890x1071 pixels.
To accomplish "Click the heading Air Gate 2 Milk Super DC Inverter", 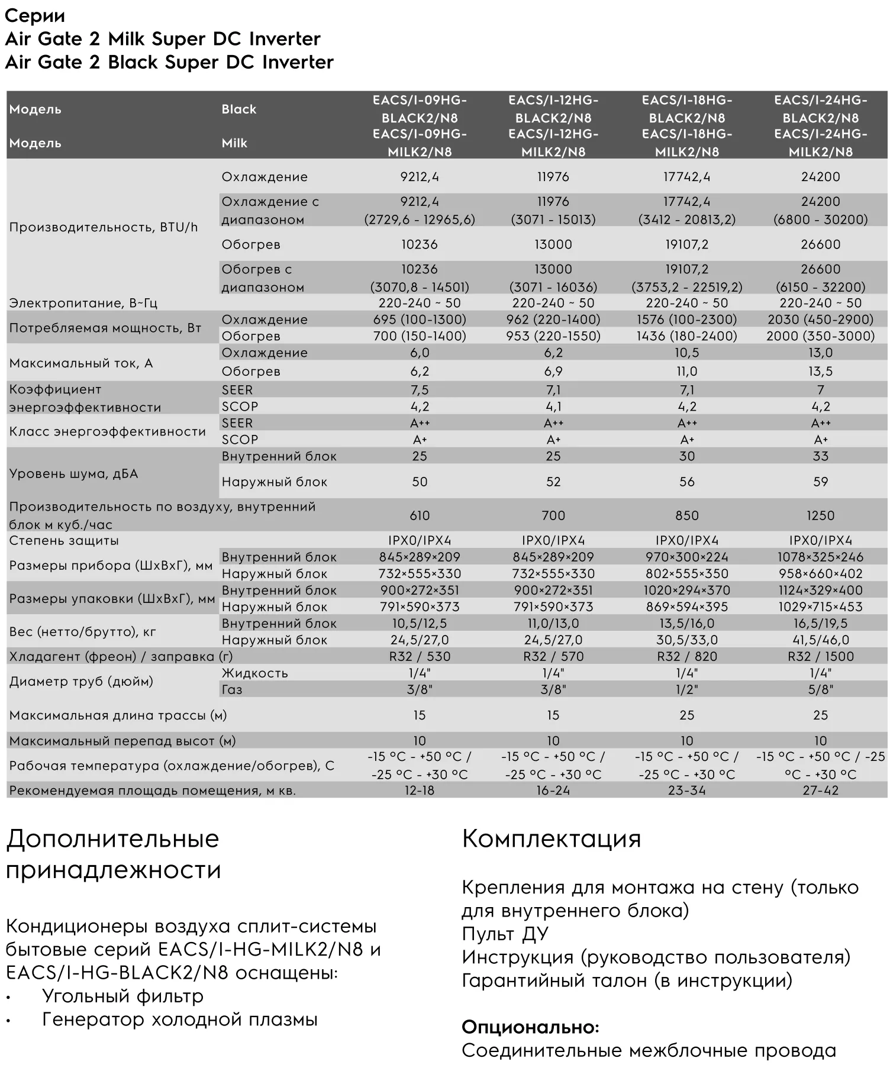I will [163, 39].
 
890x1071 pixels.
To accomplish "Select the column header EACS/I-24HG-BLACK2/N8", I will [820, 109].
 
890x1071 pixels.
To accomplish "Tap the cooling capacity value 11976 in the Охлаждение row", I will [553, 177].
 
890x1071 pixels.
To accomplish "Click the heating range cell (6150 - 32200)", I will [820, 287].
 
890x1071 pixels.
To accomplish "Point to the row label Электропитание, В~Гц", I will [83, 303].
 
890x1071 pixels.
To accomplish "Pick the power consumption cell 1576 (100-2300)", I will [686, 320].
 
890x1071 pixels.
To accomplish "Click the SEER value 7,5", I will [420, 390].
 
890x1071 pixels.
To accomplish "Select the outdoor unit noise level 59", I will [820, 482].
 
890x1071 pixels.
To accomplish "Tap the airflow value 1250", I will [820, 515].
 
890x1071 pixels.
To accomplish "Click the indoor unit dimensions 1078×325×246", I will [820, 557].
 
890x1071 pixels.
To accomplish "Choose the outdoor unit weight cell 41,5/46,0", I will [820, 640].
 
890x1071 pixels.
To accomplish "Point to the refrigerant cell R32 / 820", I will [686, 656].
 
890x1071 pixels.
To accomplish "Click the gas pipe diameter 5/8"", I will [820, 689].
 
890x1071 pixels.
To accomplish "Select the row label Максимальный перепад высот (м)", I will [122, 741].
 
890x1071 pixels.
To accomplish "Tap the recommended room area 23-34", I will [686, 790].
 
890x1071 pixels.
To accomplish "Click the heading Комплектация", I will [551, 838].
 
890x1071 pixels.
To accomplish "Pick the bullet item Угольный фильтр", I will [122, 996].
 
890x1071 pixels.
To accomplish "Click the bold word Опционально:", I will [530, 1027].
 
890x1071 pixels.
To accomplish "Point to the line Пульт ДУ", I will [505, 933].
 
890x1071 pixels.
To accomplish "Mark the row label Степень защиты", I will [64, 540].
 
